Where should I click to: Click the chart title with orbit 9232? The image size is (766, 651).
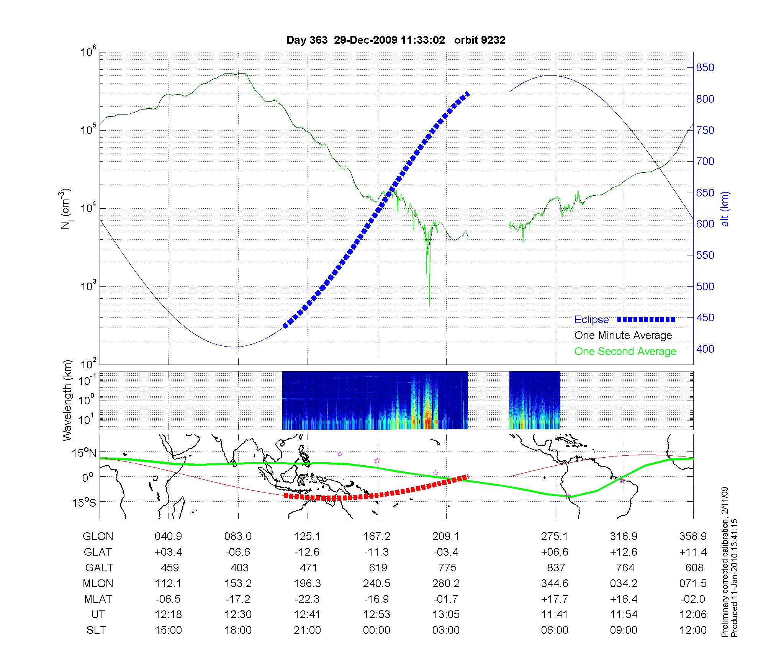[396, 40]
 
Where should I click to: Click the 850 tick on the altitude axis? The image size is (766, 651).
[705, 68]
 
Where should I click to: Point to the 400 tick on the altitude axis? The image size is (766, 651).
[705, 349]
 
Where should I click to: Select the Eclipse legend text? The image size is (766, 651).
[591, 319]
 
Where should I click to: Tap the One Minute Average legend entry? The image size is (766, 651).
[623, 335]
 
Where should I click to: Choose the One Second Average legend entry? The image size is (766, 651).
[625, 351]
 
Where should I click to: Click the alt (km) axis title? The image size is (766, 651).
[725, 209]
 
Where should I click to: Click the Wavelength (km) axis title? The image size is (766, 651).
[67, 401]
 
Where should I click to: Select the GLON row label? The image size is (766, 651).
[98, 537]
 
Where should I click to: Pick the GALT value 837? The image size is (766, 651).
[556, 568]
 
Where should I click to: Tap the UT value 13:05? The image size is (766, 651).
[446, 615]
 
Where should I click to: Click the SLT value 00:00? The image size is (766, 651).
[376, 630]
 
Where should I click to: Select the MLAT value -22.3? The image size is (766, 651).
[307, 599]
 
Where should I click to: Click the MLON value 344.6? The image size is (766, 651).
[555, 583]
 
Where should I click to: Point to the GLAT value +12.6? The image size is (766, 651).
[624, 552]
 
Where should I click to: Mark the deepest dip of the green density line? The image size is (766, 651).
[429, 305]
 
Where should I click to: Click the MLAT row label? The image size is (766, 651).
[98, 599]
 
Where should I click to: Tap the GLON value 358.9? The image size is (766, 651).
[693, 537]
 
